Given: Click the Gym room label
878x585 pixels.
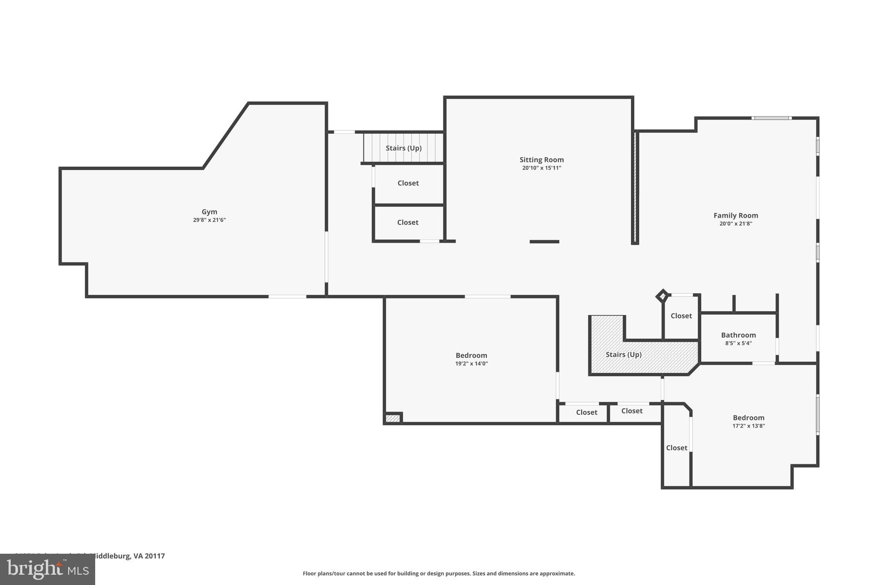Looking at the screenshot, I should coord(209,212).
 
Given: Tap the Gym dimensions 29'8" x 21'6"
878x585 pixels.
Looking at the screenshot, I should coord(209,220).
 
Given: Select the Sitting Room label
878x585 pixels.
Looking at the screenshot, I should coord(541,160).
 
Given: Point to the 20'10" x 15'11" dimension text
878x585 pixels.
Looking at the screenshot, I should coord(541,168).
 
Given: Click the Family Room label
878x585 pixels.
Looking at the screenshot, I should coord(736,216).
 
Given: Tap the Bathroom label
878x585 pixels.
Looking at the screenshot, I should coord(738,335).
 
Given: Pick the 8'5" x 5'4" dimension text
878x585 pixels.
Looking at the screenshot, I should coord(738,343).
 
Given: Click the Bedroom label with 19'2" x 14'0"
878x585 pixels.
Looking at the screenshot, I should coord(471,355).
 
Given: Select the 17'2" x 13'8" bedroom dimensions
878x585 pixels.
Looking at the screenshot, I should coord(749,426).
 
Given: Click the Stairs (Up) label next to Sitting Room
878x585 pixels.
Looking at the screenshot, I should coord(403,148).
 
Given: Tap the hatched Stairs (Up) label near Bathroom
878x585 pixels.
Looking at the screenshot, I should coord(623,355).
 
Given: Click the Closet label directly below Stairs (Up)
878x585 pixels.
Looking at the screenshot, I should coord(408,183).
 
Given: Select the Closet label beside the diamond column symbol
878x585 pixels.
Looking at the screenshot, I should coord(681,316).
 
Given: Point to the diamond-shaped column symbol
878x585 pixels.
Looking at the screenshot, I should coord(662,296).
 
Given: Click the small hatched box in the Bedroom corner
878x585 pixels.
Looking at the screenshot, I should coord(392,418).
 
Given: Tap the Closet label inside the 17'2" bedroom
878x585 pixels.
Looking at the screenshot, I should coord(677,448).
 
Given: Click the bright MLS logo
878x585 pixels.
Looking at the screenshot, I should coord(48,569).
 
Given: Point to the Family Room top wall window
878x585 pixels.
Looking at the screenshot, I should coord(771,118).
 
